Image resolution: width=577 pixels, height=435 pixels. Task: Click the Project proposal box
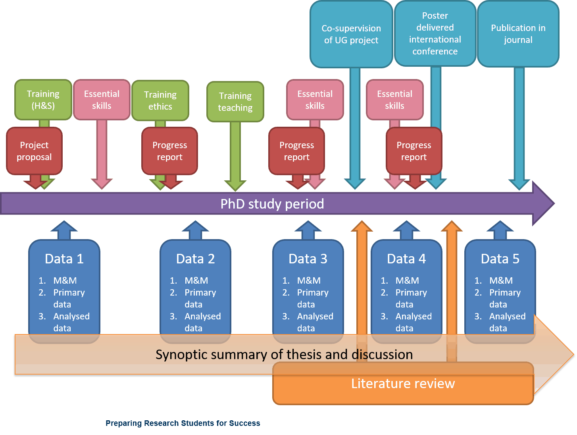35,151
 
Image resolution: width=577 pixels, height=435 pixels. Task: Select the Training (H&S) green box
43,100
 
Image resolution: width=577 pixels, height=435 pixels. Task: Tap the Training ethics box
160,101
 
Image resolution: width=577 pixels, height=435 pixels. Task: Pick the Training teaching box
235,102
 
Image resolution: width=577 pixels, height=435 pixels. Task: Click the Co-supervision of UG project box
351,34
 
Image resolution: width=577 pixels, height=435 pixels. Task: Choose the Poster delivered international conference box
435,33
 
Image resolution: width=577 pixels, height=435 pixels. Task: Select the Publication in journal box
518,34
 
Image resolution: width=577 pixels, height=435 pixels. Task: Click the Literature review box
403,384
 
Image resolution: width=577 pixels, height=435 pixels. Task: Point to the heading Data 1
64,259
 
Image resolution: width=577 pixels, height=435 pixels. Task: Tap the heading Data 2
196,259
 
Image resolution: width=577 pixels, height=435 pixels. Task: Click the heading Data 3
308,259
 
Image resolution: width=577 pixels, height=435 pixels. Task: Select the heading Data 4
406,259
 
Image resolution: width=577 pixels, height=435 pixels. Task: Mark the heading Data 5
500,259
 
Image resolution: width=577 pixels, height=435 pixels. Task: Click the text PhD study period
272,204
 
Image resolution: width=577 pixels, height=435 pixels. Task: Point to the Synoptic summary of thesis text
284,354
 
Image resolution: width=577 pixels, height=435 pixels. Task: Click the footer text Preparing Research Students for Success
183,423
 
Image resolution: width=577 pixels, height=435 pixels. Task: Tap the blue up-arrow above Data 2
195,230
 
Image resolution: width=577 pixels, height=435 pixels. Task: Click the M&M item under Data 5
501,280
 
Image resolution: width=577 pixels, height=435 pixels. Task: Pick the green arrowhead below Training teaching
235,185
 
